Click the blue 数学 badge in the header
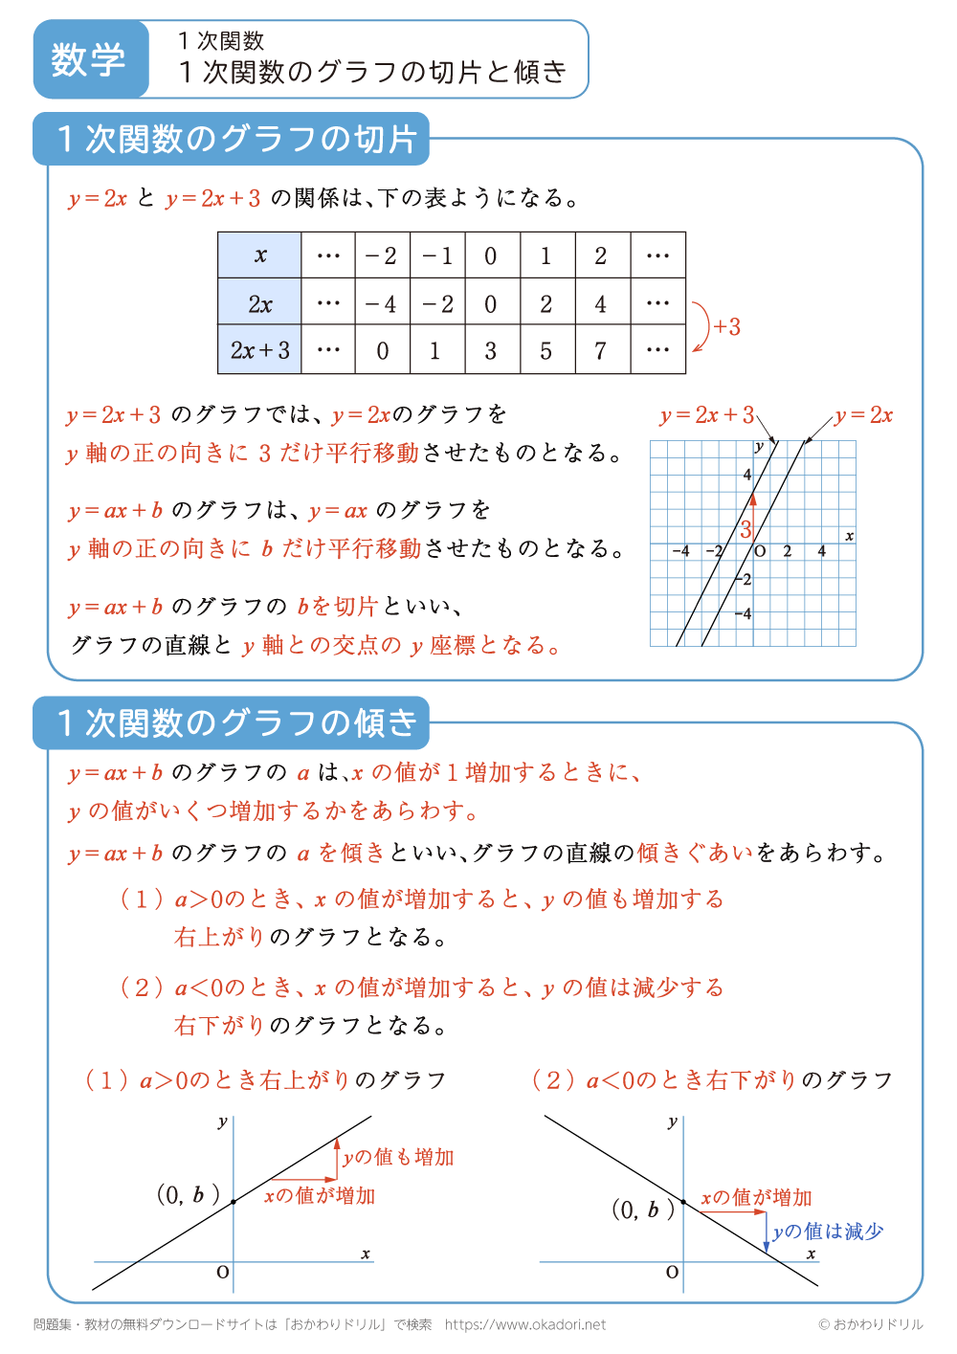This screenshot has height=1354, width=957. [x=89, y=59]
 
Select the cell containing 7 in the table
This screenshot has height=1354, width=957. [x=601, y=350]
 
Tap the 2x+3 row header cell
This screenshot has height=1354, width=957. [x=259, y=350]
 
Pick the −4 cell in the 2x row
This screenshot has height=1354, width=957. [x=382, y=304]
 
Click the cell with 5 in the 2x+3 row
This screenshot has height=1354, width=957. [x=545, y=350]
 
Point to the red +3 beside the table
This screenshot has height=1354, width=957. [x=726, y=327]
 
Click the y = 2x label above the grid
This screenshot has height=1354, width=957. [x=863, y=415]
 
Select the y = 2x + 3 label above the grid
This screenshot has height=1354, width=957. [x=706, y=415]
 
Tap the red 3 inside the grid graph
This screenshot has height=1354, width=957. [x=745, y=530]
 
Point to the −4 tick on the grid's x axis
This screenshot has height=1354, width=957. [x=680, y=552]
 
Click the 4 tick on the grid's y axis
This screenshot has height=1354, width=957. [x=747, y=475]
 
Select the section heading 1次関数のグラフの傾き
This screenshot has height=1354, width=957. [x=236, y=723]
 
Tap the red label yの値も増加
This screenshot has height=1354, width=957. [x=398, y=1157]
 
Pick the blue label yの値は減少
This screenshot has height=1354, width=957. [x=828, y=1232]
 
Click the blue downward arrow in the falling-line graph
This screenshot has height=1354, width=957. [x=767, y=1232]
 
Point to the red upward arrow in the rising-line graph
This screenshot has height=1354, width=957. [x=337, y=1158]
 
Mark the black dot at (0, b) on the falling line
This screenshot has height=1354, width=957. [x=683, y=1202]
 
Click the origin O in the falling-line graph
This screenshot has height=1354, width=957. [x=672, y=1273]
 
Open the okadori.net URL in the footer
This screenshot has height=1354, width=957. [x=525, y=1324]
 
